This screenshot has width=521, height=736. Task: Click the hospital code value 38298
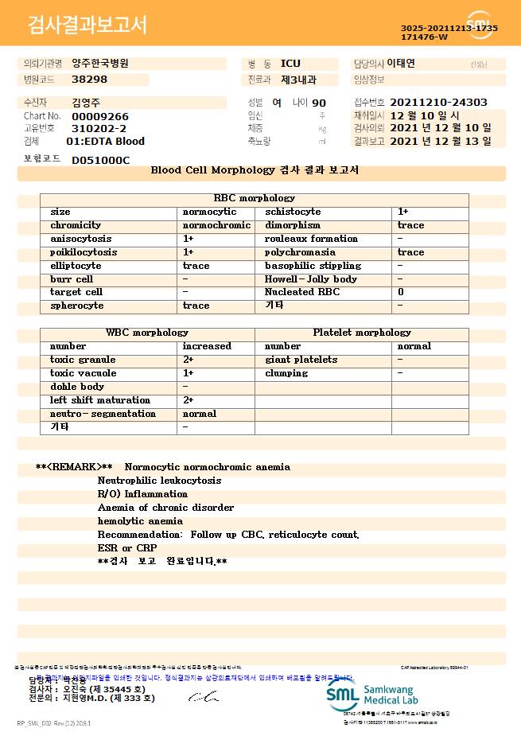tap(89, 80)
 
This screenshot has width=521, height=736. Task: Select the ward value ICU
tap(290, 64)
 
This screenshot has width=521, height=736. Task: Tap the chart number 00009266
tap(99, 116)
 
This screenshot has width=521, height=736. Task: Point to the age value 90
tap(319, 103)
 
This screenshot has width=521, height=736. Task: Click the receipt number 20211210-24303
tap(439, 103)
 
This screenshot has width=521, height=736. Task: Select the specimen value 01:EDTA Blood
tap(105, 141)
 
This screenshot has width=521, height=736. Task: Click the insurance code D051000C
tap(100, 160)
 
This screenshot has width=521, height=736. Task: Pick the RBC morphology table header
tap(255, 198)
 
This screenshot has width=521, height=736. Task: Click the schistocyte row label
tap(293, 212)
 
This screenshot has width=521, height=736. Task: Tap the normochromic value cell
tap(216, 225)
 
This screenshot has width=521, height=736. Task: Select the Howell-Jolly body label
tap(311, 279)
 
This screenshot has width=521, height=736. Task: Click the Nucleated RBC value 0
tap(401, 292)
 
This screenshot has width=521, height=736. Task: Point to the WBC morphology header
tap(147, 333)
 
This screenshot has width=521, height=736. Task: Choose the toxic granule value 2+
tap(189, 360)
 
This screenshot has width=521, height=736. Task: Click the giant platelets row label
tap(301, 360)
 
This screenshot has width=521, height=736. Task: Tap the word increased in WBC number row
tap(207, 346)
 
